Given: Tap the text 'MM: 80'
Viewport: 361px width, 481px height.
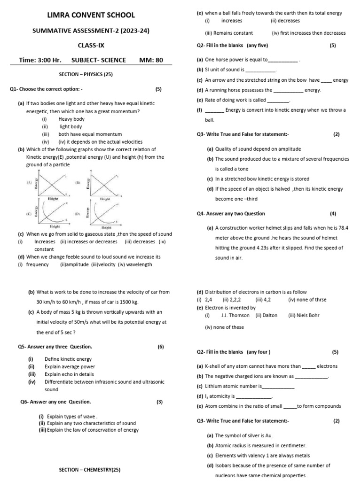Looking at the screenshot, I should (151, 60).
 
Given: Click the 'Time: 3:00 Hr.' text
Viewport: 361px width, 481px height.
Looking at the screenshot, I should (40, 60).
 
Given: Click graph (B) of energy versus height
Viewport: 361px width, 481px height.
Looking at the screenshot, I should (104, 184).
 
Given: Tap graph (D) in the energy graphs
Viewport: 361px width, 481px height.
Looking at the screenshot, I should (104, 214).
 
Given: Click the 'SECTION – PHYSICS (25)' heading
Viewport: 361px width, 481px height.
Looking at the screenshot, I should (86, 74).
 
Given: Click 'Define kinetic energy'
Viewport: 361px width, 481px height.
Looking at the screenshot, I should (68, 359).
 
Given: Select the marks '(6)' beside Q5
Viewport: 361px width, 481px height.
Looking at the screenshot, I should (161, 347).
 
